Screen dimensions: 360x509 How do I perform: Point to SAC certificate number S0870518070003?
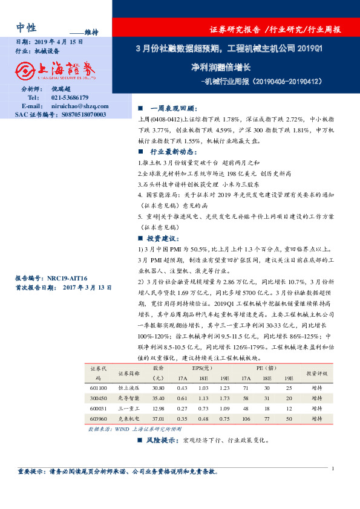[x=76, y=114]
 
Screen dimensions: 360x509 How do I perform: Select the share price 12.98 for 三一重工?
[x=159, y=409]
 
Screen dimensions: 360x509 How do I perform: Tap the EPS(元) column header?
[x=203, y=368]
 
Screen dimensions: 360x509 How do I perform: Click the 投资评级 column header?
[x=316, y=373]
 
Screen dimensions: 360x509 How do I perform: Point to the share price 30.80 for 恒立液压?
[x=159, y=387]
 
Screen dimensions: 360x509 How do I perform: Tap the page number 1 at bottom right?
[x=333, y=468]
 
